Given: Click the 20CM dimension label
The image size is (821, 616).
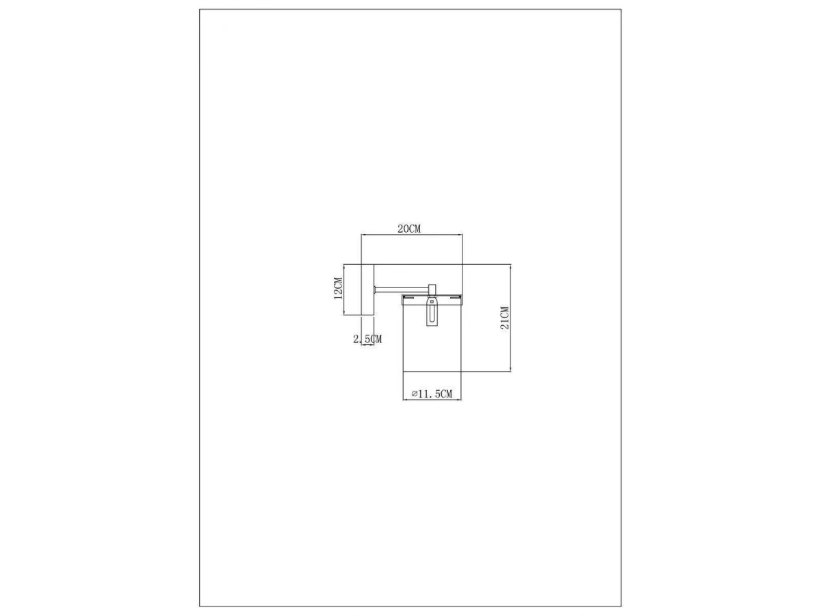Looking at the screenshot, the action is point(409,229).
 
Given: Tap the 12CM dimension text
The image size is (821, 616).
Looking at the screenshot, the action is point(338,288).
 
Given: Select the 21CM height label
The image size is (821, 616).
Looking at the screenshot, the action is point(504,318).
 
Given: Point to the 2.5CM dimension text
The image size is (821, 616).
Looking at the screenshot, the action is point(367,339).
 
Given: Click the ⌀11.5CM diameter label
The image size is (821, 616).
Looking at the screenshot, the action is point(432,394).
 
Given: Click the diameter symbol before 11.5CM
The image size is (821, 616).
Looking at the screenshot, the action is point(415,394).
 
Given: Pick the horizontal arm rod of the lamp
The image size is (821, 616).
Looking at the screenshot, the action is point(402,288).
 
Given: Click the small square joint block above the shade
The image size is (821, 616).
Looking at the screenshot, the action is point(432,289).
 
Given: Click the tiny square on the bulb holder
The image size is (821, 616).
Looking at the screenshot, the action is point(432,301).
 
